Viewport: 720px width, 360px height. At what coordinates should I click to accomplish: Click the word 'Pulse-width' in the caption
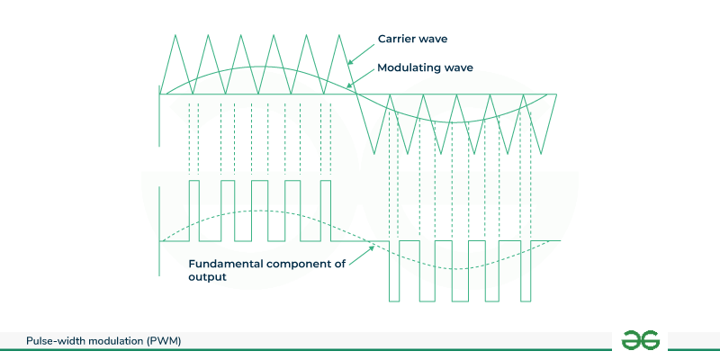61,340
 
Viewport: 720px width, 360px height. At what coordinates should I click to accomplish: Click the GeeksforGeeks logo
641,340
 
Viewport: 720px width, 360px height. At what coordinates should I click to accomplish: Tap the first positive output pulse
194,211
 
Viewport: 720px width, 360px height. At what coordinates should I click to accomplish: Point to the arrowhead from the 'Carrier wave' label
350,62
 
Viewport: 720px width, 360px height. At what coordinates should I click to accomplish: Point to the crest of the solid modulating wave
259,67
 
